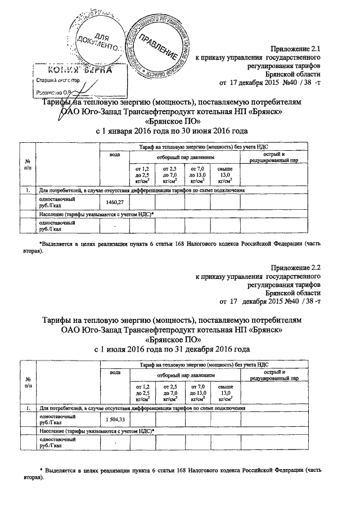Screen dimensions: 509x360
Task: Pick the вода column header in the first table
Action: [114, 155]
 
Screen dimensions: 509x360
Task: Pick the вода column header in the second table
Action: [114, 373]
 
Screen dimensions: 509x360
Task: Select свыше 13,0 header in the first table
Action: [226, 175]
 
